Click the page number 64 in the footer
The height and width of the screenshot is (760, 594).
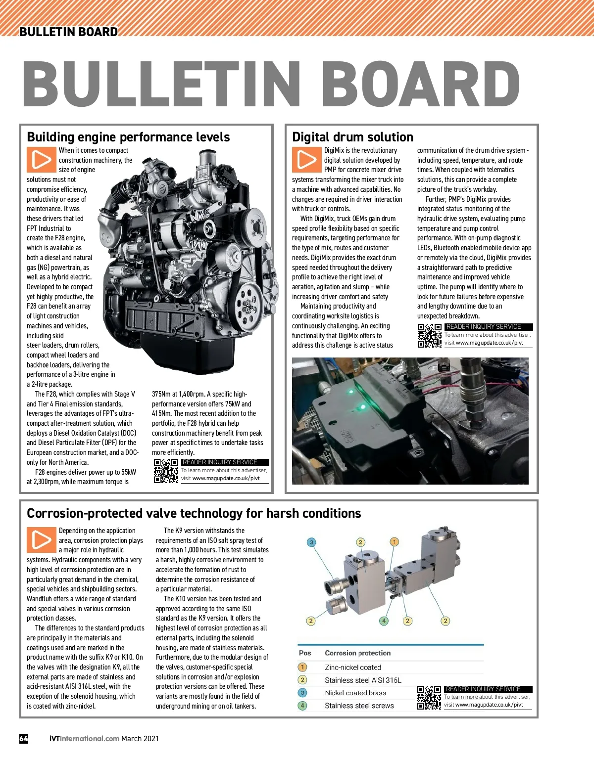coord(24,738)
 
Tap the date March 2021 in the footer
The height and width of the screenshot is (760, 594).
coord(140,738)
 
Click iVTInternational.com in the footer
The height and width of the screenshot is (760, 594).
coord(84,738)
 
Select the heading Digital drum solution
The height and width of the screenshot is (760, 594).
coord(352,137)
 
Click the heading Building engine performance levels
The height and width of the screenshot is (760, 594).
coord(128,137)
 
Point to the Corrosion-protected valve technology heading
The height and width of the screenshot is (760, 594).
coord(194,513)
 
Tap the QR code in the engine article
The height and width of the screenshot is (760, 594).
coord(166,471)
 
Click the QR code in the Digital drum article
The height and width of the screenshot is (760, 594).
coord(429,336)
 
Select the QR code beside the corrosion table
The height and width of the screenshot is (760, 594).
coord(429,698)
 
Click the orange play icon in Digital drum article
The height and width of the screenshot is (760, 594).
coord(306,160)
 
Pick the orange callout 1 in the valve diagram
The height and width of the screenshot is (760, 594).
coord(395,542)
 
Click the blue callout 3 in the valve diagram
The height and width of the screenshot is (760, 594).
coord(311,542)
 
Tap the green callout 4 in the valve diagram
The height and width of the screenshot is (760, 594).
coord(384,621)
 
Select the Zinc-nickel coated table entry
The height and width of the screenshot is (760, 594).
coord(353,668)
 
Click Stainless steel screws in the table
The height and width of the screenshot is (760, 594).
coord(359,706)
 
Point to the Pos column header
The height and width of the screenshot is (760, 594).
coord(305,653)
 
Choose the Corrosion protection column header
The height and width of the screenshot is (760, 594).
coord(357,653)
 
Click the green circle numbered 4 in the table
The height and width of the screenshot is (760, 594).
coord(302,706)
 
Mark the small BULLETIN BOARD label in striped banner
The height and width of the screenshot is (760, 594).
coord(68,32)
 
